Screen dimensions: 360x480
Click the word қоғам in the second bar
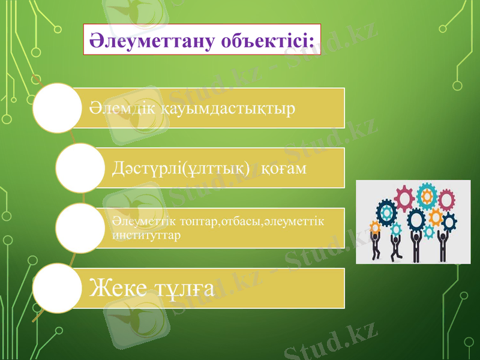(284, 169)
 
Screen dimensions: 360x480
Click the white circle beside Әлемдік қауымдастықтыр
(56, 108)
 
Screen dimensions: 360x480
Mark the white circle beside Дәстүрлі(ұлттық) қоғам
(80, 167)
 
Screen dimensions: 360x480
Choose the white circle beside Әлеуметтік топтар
(80, 227)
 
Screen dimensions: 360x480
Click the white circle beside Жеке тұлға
(56, 288)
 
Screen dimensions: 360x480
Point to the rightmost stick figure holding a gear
(443, 244)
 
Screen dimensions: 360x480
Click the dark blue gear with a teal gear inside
(386, 212)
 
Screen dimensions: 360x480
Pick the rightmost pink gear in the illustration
(446, 199)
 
